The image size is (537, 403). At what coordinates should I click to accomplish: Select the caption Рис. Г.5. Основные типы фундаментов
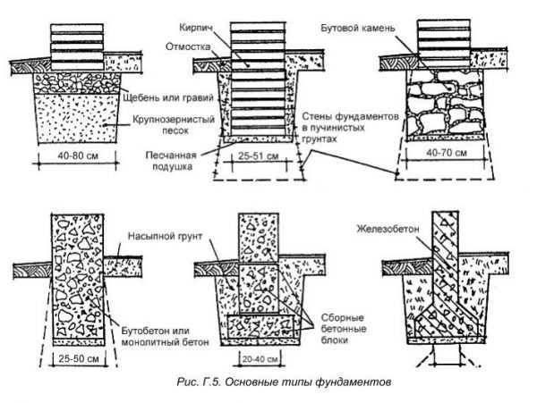coord(284,382)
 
